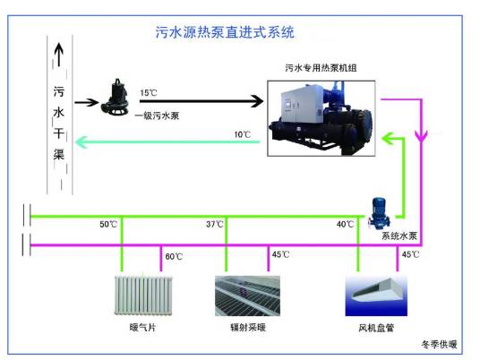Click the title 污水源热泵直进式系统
(x=225, y=34)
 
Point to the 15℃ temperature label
(x=149, y=92)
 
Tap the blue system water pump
(x=380, y=211)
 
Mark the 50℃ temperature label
(x=108, y=224)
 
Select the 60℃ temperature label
(x=174, y=256)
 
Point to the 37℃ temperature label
(x=214, y=224)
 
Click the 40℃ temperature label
(x=346, y=224)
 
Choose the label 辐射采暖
(x=244, y=329)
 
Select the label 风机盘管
(x=373, y=329)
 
